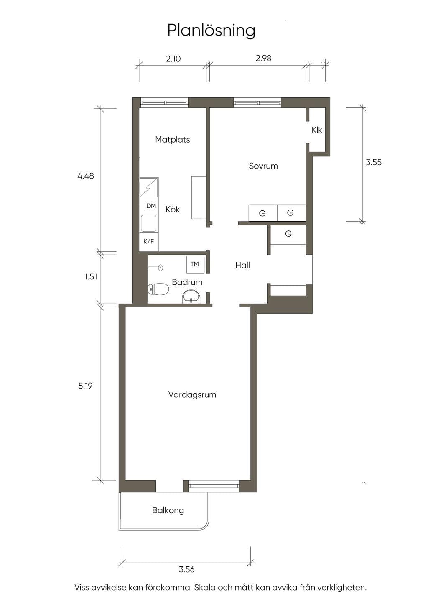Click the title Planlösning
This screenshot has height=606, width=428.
click(x=211, y=30)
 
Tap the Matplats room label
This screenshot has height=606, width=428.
click(x=173, y=140)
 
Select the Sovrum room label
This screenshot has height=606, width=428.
click(x=263, y=166)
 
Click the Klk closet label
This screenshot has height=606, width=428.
click(x=317, y=130)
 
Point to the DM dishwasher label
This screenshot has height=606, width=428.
click(x=151, y=206)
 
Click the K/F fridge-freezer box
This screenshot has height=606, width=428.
click(x=149, y=242)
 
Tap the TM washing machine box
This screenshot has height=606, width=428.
click(x=195, y=264)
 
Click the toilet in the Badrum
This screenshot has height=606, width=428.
click(x=158, y=289)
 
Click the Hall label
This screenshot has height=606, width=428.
click(x=242, y=266)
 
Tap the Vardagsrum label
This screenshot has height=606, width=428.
click(x=192, y=395)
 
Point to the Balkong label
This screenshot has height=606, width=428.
click(x=168, y=511)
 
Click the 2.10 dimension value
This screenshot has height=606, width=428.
click(x=173, y=59)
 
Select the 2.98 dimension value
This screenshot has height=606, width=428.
click(x=263, y=58)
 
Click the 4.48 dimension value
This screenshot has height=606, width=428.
click(x=85, y=176)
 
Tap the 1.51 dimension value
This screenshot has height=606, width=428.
click(x=91, y=277)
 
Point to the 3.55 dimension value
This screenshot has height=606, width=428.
click(x=374, y=162)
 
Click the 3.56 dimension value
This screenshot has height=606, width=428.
click(x=186, y=570)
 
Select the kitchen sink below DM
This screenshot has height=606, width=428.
click(x=148, y=223)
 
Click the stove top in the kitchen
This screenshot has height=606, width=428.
click(x=149, y=187)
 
